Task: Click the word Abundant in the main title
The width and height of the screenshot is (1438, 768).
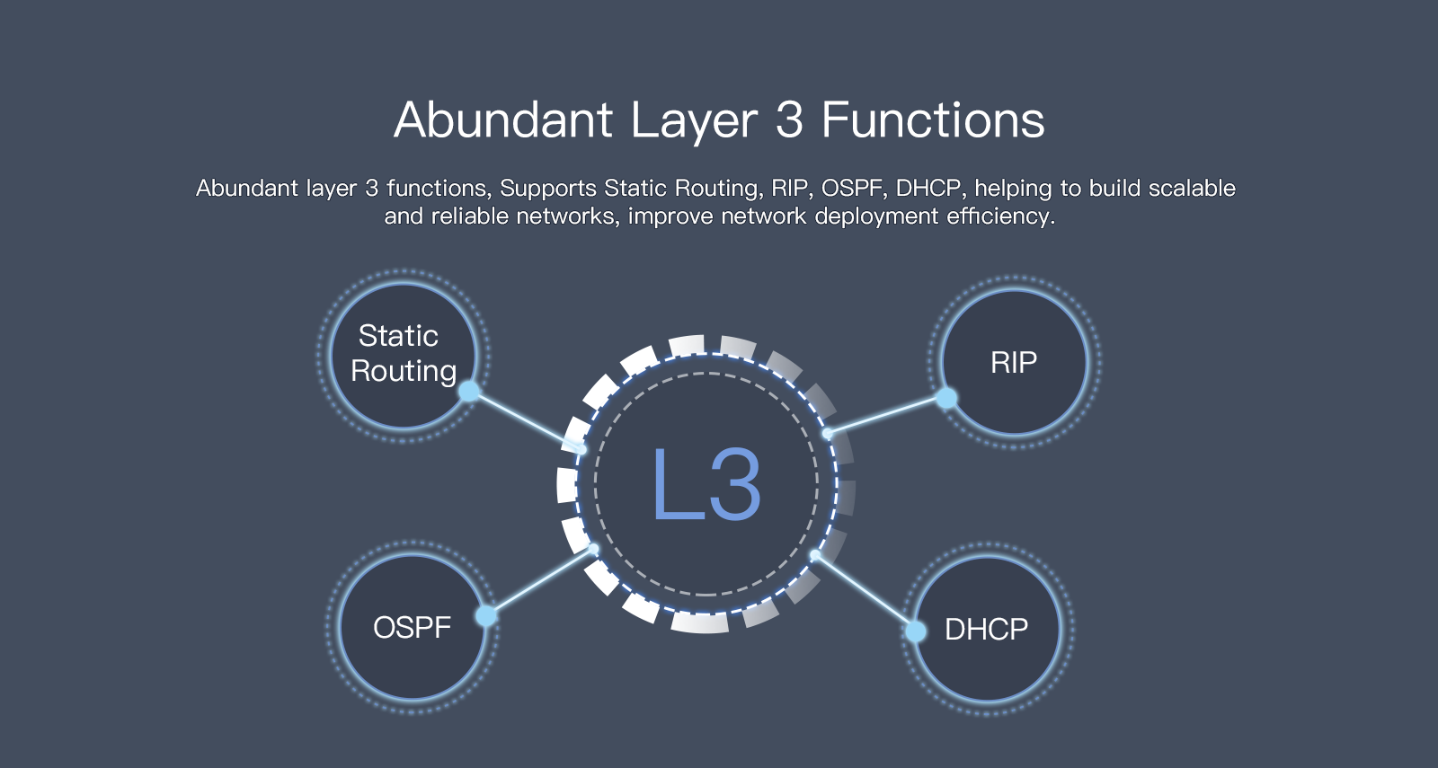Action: pyautogui.click(x=503, y=120)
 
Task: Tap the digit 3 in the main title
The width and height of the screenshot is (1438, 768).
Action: pyautogui.click(x=788, y=120)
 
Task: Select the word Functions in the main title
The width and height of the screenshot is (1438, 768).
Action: pyautogui.click(x=933, y=120)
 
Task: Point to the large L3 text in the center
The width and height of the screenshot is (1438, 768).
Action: pyautogui.click(x=706, y=485)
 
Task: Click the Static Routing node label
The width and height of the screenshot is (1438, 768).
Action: pyautogui.click(x=403, y=353)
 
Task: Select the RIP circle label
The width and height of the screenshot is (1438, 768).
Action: pyautogui.click(x=1014, y=363)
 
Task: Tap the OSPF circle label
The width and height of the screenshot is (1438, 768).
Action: pyautogui.click(x=412, y=627)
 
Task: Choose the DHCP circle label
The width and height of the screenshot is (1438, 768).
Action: pyautogui.click(x=986, y=630)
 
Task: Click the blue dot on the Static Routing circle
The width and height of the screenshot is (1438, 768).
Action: pyautogui.click(x=469, y=392)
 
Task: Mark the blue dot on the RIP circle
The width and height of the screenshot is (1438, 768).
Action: pyautogui.click(x=946, y=398)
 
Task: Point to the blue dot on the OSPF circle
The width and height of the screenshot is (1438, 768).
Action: pyautogui.click(x=486, y=615)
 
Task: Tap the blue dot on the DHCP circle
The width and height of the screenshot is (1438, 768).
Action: pyautogui.click(x=916, y=631)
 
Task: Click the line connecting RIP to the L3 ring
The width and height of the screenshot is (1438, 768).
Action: pyautogui.click(x=886, y=416)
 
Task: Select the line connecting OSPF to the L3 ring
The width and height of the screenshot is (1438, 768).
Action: pyautogui.click(x=539, y=582)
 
